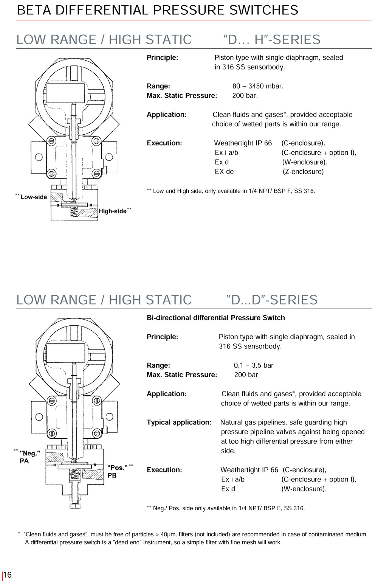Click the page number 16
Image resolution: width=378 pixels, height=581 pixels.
pos(8,575)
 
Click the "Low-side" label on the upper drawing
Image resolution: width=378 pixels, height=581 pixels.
pos(34,197)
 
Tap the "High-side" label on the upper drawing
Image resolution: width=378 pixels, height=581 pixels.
pos(113,211)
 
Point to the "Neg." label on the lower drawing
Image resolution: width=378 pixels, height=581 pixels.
pos(30,453)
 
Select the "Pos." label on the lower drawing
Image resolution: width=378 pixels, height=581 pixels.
pos(118,468)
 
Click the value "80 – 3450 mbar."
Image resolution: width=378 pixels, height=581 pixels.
pos(258,86)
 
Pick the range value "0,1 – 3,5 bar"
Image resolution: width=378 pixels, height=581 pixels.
pos(254,365)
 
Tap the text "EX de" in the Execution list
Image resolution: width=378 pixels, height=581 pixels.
pos(224,171)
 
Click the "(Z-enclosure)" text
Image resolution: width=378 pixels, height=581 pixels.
pos(303,171)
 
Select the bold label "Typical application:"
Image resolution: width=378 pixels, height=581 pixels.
pos(179,422)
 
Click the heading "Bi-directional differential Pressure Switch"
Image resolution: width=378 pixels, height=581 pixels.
pos(216,318)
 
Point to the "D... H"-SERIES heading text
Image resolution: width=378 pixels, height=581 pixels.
pos(272,39)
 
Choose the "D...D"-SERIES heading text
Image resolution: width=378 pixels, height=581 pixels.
pos(272,300)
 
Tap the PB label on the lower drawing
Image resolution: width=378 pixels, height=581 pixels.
pos(112,475)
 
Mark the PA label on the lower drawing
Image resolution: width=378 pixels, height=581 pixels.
pos(24,461)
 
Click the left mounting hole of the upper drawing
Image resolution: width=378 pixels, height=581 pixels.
pos(39,157)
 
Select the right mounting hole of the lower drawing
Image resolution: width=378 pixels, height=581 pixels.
pos(109,417)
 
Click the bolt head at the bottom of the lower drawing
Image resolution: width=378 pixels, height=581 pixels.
pos(75,506)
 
